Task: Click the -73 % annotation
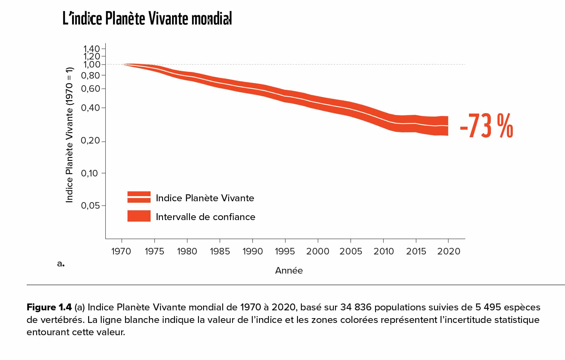pos(486,126)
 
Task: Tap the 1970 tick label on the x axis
pos(121,251)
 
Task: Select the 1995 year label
pos(285,251)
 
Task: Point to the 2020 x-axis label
pos(448,251)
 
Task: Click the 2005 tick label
pos(351,251)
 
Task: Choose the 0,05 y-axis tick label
pos(90,205)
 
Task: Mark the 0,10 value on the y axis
pos(89,173)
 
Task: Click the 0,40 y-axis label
pos(90,108)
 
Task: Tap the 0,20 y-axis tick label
pos(90,141)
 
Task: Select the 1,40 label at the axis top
pos(91,48)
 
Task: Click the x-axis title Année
pos(289,270)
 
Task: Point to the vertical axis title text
pos(69,135)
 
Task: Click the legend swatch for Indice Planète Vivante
pos(139,197)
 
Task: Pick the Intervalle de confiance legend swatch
pos(139,216)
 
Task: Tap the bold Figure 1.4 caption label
pos(49,307)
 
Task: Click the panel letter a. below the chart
pos(61,264)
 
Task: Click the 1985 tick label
pos(220,251)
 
